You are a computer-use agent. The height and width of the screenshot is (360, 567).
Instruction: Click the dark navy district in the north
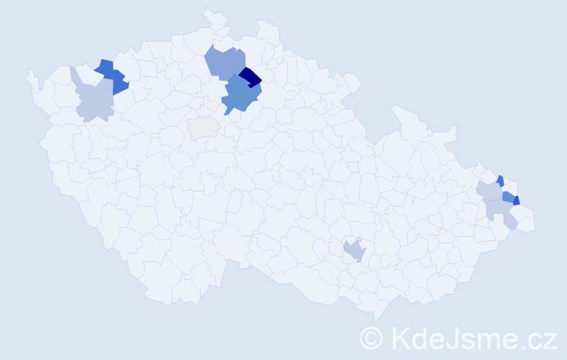tap(250, 76)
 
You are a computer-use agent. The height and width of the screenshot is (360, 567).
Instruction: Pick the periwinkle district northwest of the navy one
tap(224, 62)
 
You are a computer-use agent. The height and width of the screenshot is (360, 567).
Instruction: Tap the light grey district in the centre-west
tap(203, 127)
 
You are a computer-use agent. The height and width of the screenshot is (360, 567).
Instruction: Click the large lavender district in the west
tap(94, 100)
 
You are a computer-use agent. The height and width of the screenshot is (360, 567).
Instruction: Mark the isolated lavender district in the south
tap(354, 251)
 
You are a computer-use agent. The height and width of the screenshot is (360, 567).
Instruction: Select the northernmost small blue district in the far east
tap(500, 181)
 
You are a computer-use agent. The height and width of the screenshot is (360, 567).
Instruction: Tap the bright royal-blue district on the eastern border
tap(517, 201)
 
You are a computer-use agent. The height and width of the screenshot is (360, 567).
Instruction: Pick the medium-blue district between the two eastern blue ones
tap(508, 197)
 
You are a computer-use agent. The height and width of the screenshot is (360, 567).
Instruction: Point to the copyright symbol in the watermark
tap(372, 337)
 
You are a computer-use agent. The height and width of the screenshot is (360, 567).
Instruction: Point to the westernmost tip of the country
tap(29, 73)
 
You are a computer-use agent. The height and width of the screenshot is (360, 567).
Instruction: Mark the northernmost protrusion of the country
tap(209, 12)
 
